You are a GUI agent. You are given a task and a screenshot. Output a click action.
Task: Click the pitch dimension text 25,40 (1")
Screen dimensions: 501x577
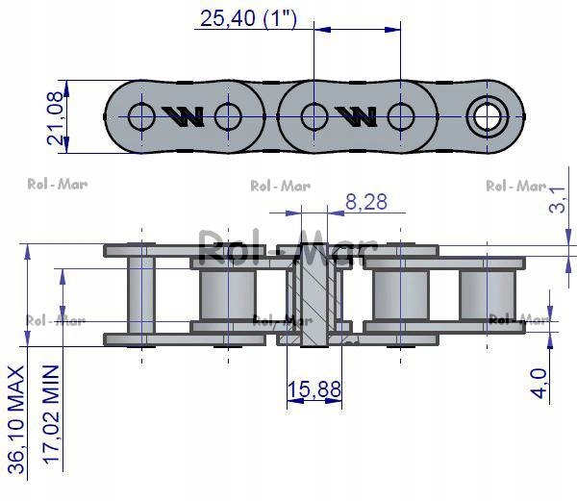[x=245, y=17]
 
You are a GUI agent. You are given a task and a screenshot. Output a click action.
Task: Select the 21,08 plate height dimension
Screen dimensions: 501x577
[x=57, y=115]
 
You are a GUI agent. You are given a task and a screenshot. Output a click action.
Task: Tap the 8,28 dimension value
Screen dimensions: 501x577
[x=366, y=201]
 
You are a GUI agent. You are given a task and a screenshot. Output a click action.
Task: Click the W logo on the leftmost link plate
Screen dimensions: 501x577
[x=183, y=116]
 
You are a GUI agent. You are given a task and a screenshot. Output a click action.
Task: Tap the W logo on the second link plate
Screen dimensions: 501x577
[x=356, y=116]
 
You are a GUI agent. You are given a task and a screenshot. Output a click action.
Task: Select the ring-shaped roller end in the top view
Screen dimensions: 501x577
[x=487, y=117]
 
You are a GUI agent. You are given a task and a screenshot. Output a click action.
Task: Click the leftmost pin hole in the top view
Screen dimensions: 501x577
[x=140, y=117]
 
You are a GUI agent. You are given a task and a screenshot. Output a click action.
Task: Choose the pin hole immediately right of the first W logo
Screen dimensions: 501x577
[x=228, y=117]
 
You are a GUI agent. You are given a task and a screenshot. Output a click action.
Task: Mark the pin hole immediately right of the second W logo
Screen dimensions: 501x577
[x=400, y=117]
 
